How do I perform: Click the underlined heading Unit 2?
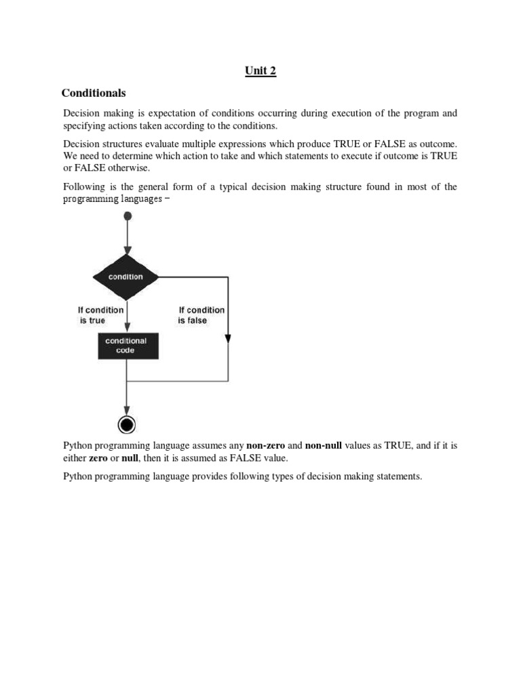click(260, 70)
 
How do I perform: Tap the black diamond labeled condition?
click(126, 277)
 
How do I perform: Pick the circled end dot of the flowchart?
click(127, 424)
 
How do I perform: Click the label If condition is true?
click(100, 315)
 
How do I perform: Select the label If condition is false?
click(201, 315)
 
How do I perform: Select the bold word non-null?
click(323, 446)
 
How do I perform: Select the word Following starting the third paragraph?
click(84, 187)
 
